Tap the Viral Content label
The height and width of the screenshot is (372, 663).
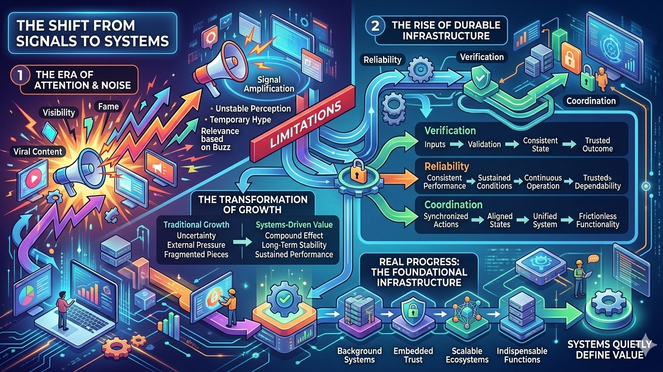pos(37,152)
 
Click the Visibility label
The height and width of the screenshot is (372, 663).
pos(59,112)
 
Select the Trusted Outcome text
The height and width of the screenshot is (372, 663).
pos(598,144)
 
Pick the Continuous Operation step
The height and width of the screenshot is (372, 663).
pos(543,182)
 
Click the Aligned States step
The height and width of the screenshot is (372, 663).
pos(500,220)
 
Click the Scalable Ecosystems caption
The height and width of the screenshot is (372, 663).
pos(467,355)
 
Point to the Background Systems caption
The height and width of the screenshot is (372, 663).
pos(359,355)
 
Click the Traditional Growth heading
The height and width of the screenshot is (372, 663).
pos(196,225)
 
